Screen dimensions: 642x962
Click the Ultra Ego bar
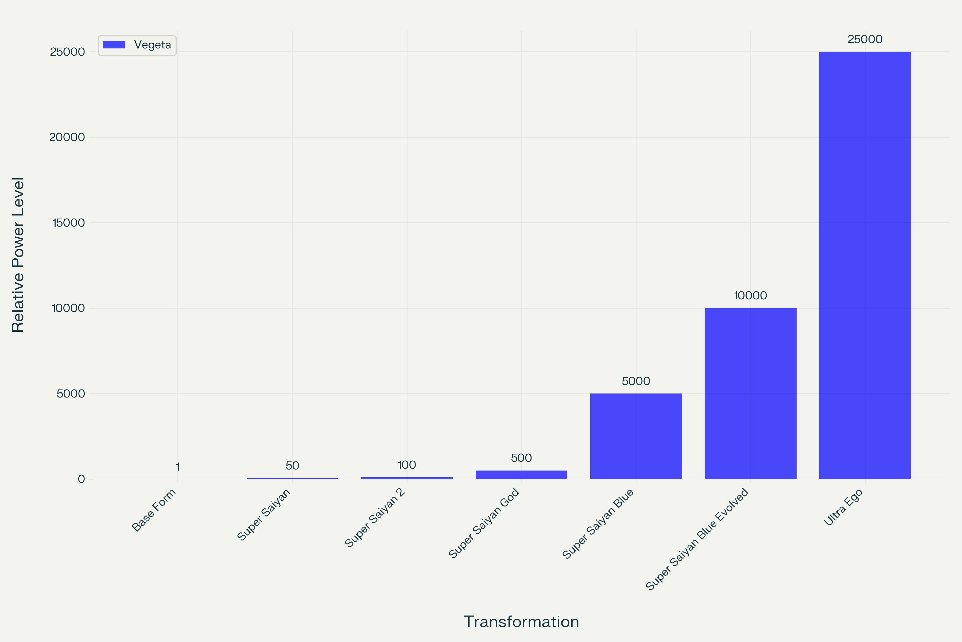[865, 265]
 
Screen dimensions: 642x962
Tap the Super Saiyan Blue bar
[636, 436]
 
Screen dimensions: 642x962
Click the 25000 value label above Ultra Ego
[865, 39]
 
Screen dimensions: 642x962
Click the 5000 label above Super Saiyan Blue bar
[636, 381]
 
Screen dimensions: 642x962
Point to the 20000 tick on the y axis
[67, 137]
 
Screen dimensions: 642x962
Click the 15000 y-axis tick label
[68, 223]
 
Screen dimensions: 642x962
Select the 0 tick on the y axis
[82, 479]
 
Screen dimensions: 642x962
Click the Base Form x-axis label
[154, 510]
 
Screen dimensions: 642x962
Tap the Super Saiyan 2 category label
[375, 518]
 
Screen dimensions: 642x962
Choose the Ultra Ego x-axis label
[843, 507]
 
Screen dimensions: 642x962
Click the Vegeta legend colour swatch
[114, 45]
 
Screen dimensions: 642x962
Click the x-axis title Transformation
[522, 621]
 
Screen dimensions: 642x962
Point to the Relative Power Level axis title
[18, 255]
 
